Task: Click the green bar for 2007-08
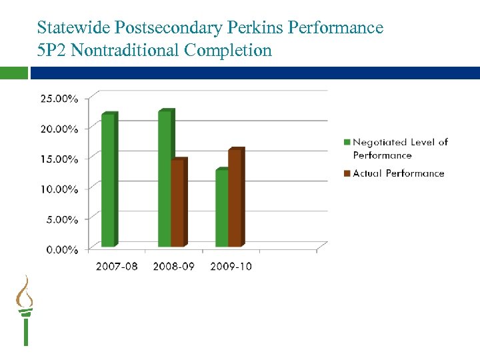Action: point(108,180)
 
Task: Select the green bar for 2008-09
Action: point(165,179)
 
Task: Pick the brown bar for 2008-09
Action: point(177,203)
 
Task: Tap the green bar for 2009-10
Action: point(221,208)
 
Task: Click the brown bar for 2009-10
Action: point(235,198)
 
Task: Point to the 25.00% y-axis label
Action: point(59,99)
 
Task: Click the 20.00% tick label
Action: point(59,129)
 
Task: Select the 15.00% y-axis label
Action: point(59,159)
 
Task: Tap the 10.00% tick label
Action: point(59,189)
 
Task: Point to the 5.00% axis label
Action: point(61,219)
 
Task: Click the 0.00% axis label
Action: point(61,249)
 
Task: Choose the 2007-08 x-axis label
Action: point(118,267)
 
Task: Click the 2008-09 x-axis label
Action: point(175,267)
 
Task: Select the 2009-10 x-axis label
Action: point(231,267)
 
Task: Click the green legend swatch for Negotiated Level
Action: point(347,142)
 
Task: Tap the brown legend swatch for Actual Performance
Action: point(347,173)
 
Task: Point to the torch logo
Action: point(25,310)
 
